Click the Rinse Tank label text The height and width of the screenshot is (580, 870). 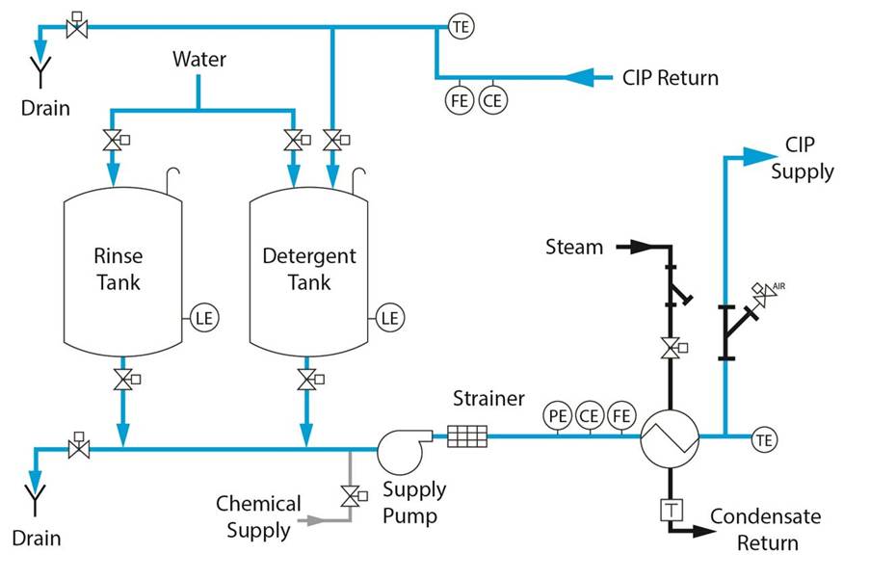pos(118,269)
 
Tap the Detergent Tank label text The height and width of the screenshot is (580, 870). pos(308,269)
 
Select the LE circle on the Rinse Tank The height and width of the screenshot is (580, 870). pos(203,317)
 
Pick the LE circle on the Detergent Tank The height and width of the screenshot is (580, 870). pos(389,317)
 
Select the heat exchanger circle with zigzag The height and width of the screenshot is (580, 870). pos(669,436)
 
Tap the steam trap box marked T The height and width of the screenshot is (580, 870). pos(670,509)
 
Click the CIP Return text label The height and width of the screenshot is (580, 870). pos(670,78)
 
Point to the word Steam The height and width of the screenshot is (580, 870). pos(574,247)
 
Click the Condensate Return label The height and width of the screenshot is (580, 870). pos(767,529)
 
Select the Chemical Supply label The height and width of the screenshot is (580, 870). pos(258,516)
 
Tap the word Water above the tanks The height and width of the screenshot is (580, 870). pos(199,59)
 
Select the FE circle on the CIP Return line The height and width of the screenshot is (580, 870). pos(461,99)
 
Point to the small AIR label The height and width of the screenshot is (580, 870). pos(779,286)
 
